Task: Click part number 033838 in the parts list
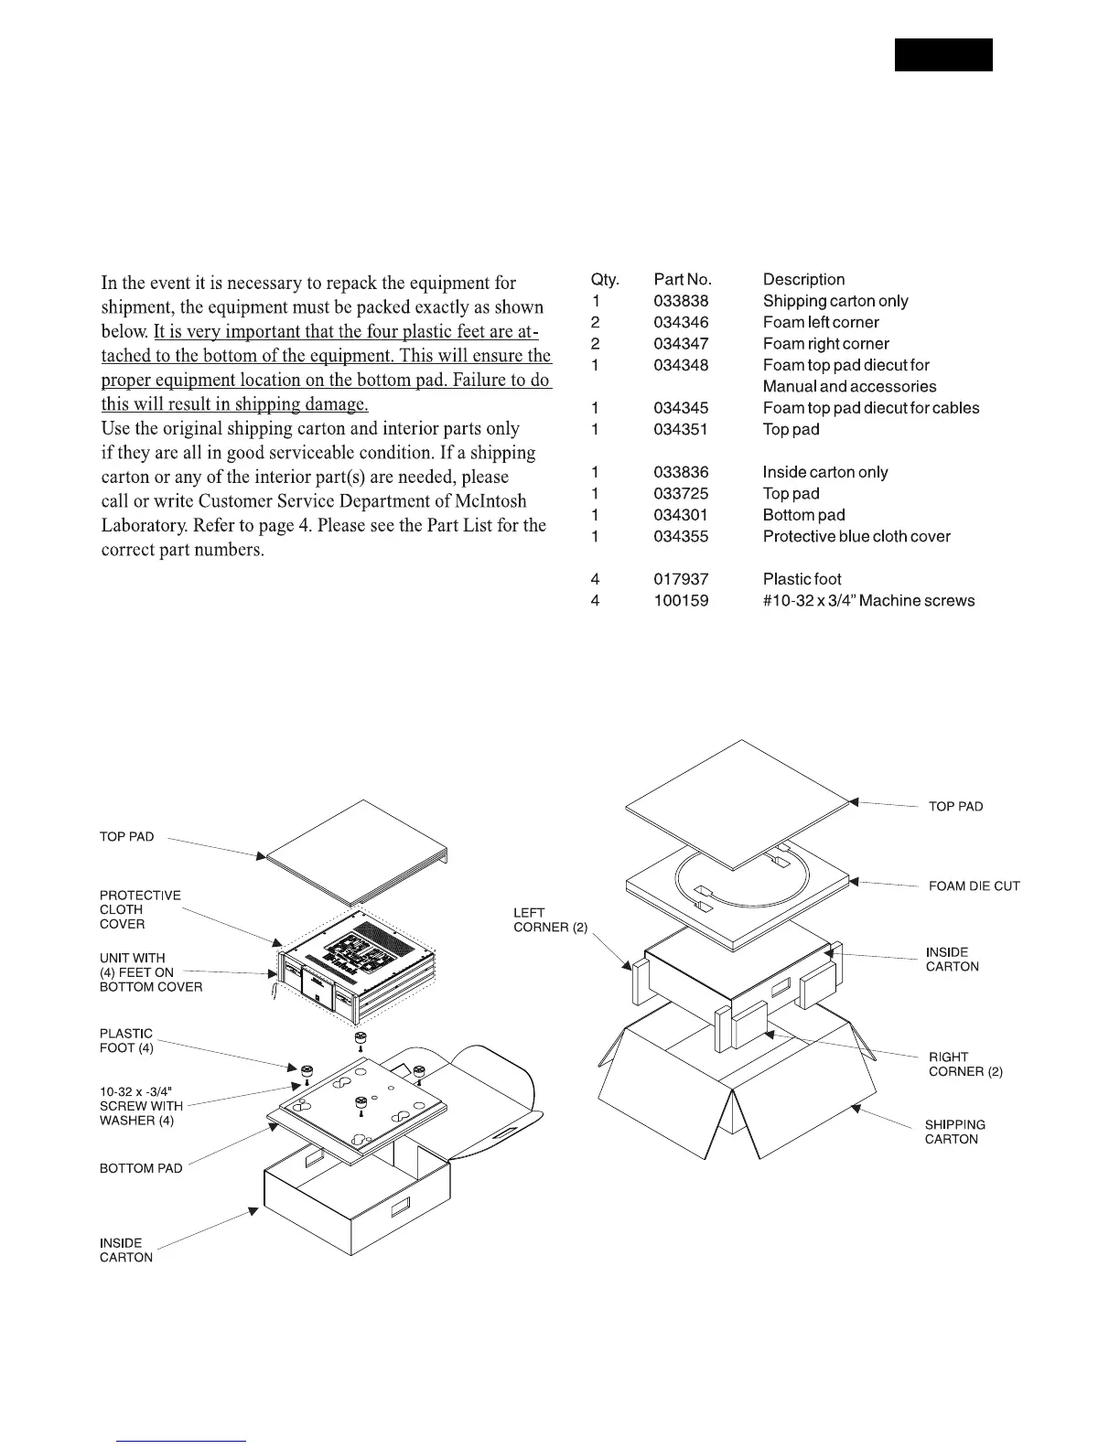681,301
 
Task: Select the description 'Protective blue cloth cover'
856,536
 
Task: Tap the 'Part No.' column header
683,279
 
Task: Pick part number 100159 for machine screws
681,601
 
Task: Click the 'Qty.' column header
605,279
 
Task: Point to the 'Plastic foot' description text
802,579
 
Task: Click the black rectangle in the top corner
943,55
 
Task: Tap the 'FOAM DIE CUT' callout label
974,885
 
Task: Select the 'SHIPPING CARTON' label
954,1132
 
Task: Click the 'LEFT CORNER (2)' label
550,920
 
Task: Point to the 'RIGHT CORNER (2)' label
964,1064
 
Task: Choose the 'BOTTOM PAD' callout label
141,1168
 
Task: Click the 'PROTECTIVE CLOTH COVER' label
140,909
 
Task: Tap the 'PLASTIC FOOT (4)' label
126,1040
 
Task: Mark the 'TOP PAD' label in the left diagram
126,836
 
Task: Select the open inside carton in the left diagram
357,1198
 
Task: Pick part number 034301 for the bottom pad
681,515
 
